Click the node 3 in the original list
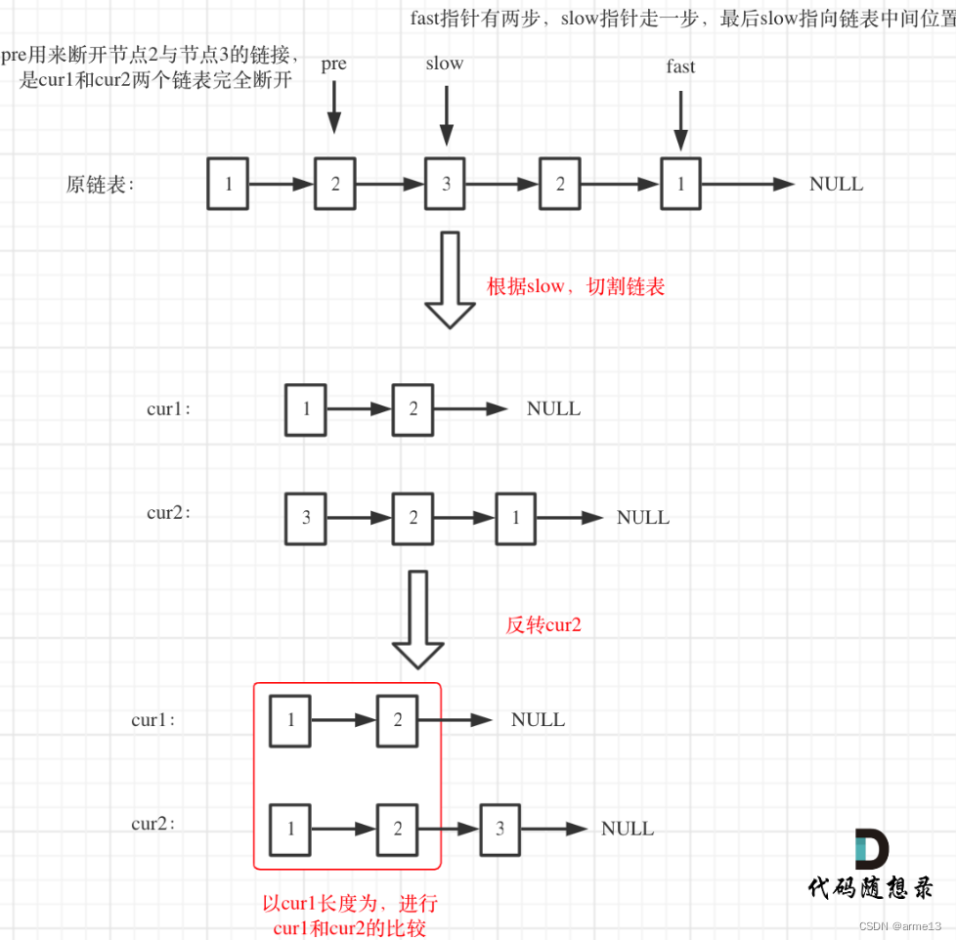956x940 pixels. (446, 184)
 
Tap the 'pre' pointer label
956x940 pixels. (333, 64)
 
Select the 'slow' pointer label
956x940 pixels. (445, 64)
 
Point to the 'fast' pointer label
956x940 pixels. (680, 66)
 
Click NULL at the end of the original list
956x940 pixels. (836, 184)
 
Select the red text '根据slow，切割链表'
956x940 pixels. (576, 287)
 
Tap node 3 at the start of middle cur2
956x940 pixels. (306, 518)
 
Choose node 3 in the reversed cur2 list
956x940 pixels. (500, 829)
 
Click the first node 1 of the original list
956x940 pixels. (229, 184)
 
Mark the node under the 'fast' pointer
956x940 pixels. (680, 184)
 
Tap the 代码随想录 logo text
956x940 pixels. (870, 887)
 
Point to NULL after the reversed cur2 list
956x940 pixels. (628, 829)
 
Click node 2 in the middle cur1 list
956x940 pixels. (413, 409)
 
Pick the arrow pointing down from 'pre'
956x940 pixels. (334, 107)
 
